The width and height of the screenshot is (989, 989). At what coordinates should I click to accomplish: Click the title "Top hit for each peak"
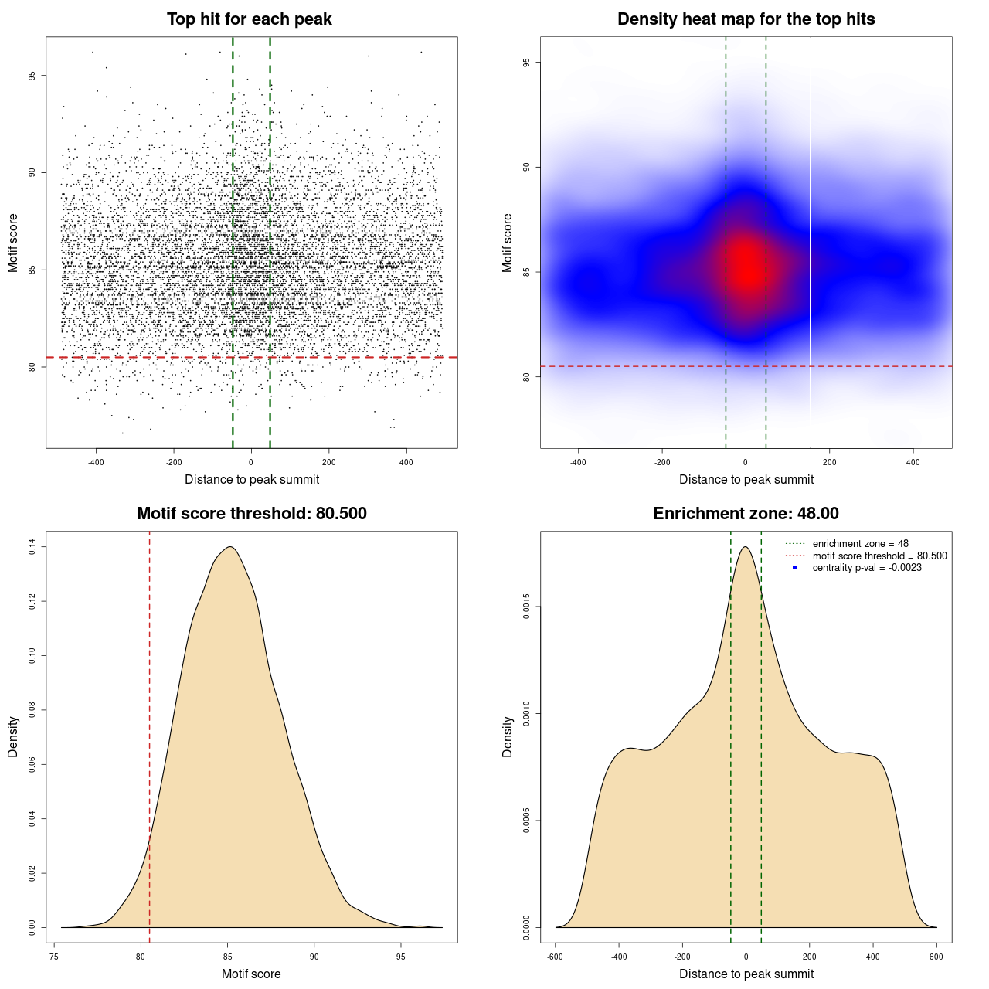(x=249, y=19)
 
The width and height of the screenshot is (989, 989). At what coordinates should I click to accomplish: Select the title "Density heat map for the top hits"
(x=746, y=19)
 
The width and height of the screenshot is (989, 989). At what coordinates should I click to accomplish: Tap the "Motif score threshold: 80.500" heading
(x=251, y=514)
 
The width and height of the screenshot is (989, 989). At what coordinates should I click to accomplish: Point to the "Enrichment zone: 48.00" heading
(x=746, y=514)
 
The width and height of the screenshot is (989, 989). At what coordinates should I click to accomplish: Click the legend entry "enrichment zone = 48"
(x=860, y=544)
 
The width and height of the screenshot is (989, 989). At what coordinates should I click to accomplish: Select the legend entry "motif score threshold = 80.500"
(x=879, y=556)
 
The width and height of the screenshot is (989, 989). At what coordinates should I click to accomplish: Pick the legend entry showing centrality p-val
(x=867, y=568)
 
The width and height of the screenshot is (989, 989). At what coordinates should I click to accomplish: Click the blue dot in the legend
(x=795, y=568)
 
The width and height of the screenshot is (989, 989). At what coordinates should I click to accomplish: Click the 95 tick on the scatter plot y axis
(x=32, y=76)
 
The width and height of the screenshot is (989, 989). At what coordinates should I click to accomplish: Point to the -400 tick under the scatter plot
(x=96, y=462)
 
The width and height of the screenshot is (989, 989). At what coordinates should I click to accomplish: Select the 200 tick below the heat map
(x=829, y=462)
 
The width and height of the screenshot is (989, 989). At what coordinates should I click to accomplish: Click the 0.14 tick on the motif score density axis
(x=32, y=547)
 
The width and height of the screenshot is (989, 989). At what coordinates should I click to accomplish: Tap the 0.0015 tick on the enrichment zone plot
(x=527, y=607)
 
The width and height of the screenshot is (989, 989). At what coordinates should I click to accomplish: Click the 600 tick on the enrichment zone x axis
(x=936, y=957)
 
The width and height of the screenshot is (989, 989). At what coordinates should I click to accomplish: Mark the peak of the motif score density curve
(x=229, y=547)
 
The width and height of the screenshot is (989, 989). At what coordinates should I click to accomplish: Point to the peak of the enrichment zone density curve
(x=745, y=547)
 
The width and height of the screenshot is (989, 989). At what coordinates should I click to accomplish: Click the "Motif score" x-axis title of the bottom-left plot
(x=251, y=974)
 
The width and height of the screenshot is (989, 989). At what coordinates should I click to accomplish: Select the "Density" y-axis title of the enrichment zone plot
(x=508, y=736)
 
